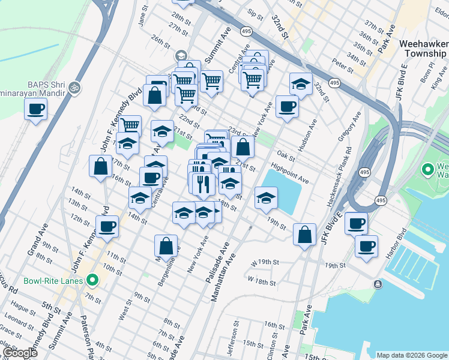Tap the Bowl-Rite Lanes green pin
point(92,280)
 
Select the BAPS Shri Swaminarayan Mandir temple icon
point(74,87)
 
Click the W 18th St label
point(262,282)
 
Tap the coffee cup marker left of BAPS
point(35,109)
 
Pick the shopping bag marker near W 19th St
point(304,234)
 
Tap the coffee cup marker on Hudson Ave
point(287,106)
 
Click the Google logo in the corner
point(19,353)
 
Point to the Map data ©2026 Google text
point(411,355)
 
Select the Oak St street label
point(287,158)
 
